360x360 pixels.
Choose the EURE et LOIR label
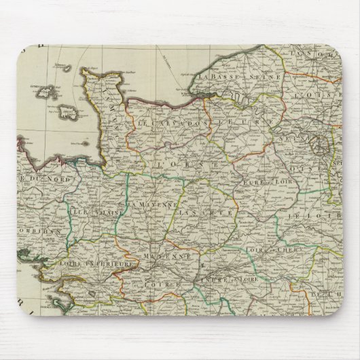tap(257, 182)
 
